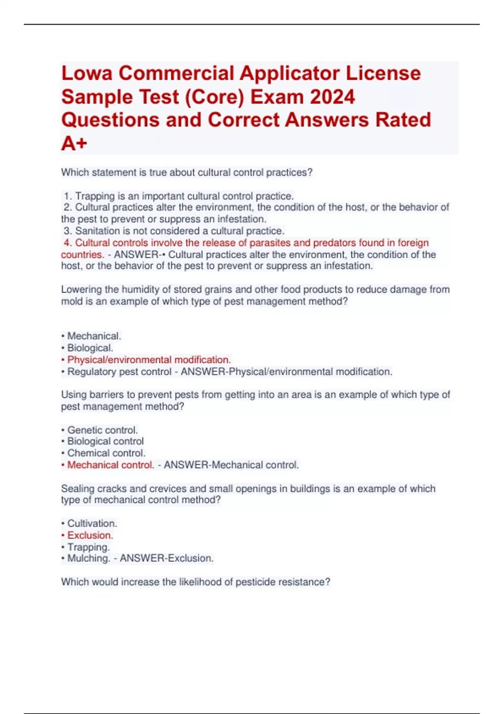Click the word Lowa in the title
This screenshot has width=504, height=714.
click(87, 73)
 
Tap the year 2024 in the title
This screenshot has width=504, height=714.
click(332, 97)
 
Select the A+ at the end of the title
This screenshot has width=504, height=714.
click(74, 144)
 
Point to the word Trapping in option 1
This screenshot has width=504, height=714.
click(95, 196)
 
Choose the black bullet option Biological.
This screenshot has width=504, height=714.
click(90, 348)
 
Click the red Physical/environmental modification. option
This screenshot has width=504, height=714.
click(149, 360)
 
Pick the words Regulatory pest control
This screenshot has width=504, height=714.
click(119, 372)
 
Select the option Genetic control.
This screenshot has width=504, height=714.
click(102, 430)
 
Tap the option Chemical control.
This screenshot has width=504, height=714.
click(106, 453)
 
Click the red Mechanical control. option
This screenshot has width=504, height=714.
click(110, 465)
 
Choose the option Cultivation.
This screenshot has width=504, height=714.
click(92, 523)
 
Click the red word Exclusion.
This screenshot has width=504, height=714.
click(90, 535)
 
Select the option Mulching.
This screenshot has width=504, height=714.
click(89, 558)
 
